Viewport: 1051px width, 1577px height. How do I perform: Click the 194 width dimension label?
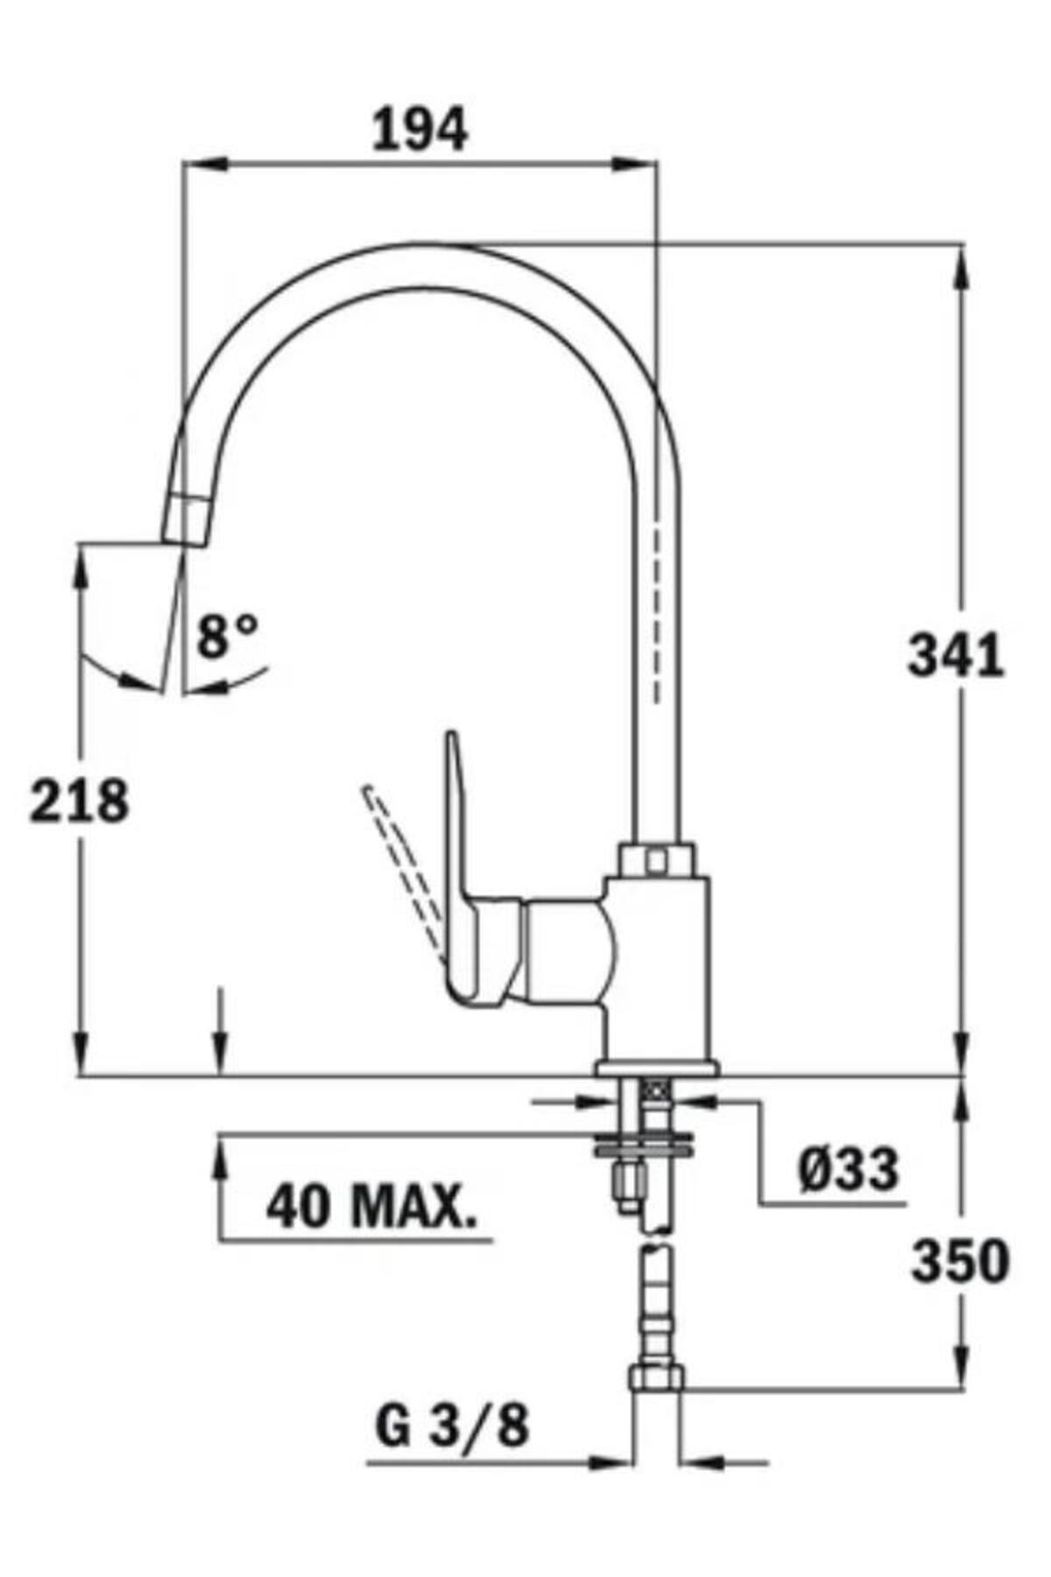420,131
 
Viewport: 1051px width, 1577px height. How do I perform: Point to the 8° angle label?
227,637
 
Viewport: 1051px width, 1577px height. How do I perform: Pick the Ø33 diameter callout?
848,1169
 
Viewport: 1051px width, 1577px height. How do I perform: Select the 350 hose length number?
960,1262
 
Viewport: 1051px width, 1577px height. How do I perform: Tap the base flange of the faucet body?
657,1067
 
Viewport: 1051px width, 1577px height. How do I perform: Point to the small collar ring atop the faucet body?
656,858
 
